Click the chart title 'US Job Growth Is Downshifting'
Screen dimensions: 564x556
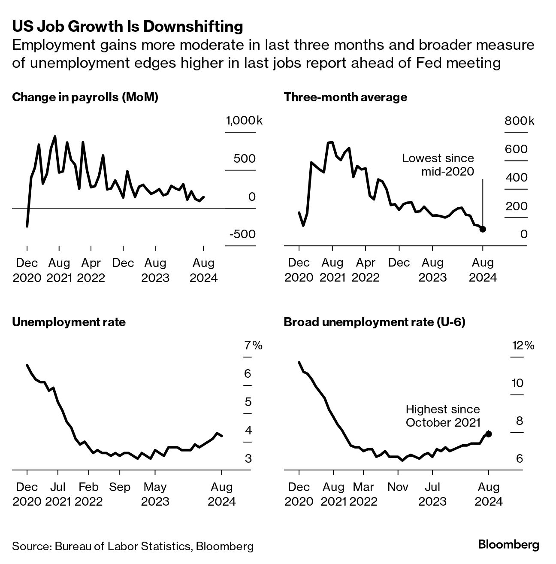(x=127, y=27)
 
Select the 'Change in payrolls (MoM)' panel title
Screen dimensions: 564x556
(x=85, y=97)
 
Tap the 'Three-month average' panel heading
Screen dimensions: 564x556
(x=345, y=97)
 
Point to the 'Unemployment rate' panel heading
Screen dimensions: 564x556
(x=69, y=322)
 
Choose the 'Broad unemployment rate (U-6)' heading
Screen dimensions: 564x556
(x=375, y=322)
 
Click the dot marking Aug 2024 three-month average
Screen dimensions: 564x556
(x=483, y=229)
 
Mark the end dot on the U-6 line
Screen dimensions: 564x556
(x=488, y=434)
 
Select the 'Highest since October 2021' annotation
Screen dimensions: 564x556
(x=443, y=416)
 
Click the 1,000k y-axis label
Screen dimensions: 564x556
(x=244, y=121)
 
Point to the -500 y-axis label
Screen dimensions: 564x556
(x=242, y=234)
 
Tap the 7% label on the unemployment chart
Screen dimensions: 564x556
(x=253, y=345)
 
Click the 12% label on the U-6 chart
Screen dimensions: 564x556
(x=523, y=345)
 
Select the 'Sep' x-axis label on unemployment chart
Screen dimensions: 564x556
(x=119, y=487)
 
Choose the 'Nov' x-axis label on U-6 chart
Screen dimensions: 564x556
(x=398, y=487)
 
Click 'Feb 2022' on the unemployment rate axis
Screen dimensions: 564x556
(x=88, y=494)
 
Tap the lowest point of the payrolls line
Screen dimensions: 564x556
(x=27, y=226)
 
